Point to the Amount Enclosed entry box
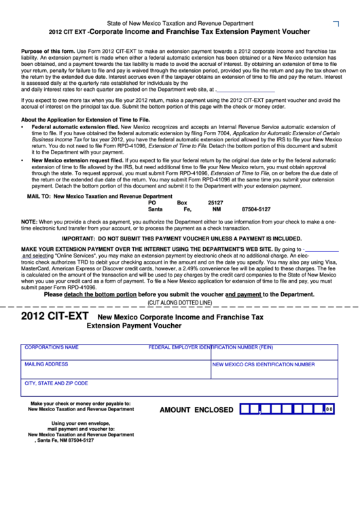pyautogui.click(x=288, y=410)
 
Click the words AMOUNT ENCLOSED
pyautogui.click(x=196, y=410)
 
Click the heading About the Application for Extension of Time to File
pyautogui.click(x=86, y=119)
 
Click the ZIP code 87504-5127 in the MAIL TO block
pyautogui.click(x=256, y=209)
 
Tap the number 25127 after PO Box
pyautogui.click(x=215, y=203)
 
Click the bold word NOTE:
pyautogui.click(x=29, y=222)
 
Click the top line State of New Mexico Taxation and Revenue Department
pyautogui.click(x=181, y=23)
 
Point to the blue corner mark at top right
pyautogui.click(x=336, y=24)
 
